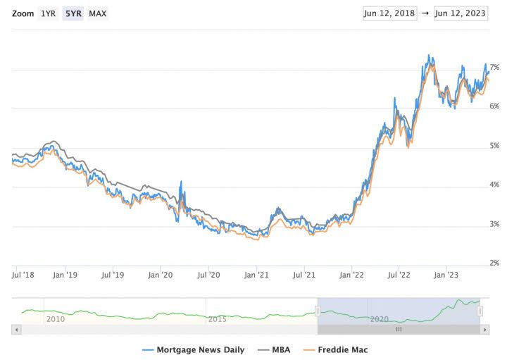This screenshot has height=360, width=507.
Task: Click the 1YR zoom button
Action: coord(49,13)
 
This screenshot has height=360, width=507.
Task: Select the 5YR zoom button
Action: coord(73,13)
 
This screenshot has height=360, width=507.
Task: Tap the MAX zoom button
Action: coord(98,13)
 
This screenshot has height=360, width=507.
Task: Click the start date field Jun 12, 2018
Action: coord(390,13)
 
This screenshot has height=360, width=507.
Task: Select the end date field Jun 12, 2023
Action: coord(461,13)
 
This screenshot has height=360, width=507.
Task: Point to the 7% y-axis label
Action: coord(494,67)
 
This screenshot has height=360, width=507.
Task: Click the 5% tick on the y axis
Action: coord(494,146)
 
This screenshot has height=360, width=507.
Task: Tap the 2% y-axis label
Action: coord(494,263)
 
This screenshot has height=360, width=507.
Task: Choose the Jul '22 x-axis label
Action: coord(399,275)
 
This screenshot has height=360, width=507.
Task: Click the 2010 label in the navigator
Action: coord(55,319)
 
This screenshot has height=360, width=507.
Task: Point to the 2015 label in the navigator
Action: coord(218,319)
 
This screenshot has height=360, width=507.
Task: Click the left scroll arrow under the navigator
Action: coord(16,329)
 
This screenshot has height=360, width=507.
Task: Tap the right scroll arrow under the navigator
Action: coord(484,329)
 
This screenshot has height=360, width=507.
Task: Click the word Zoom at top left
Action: coord(23,13)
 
